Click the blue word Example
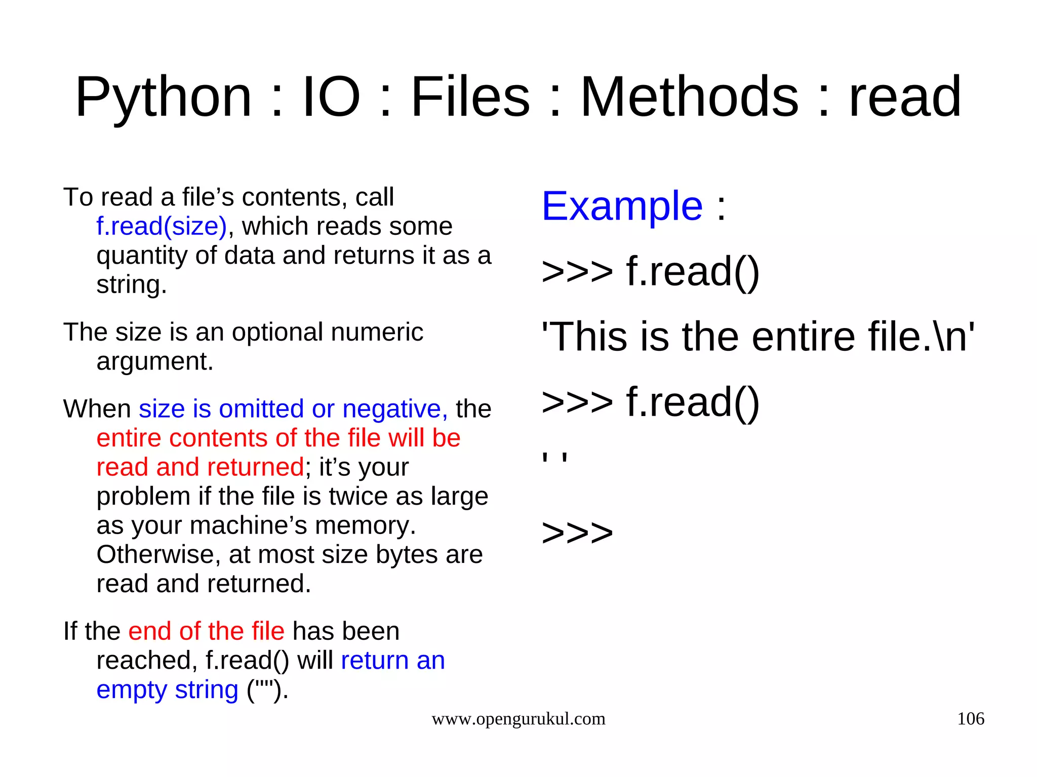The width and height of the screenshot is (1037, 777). (x=622, y=206)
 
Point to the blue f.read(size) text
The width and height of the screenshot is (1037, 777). (x=162, y=226)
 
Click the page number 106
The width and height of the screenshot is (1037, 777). (x=970, y=719)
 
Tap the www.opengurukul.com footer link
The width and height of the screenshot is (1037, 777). (x=518, y=719)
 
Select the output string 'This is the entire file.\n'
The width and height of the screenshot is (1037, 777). (x=757, y=337)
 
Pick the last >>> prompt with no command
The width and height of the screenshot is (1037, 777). (x=577, y=533)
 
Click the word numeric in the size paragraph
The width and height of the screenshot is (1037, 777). (x=377, y=333)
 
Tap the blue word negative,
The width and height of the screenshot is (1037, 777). (x=395, y=409)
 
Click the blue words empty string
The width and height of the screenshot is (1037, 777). (x=167, y=690)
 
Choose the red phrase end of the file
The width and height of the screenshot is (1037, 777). (x=206, y=632)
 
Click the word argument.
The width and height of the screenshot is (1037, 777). (x=155, y=361)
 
